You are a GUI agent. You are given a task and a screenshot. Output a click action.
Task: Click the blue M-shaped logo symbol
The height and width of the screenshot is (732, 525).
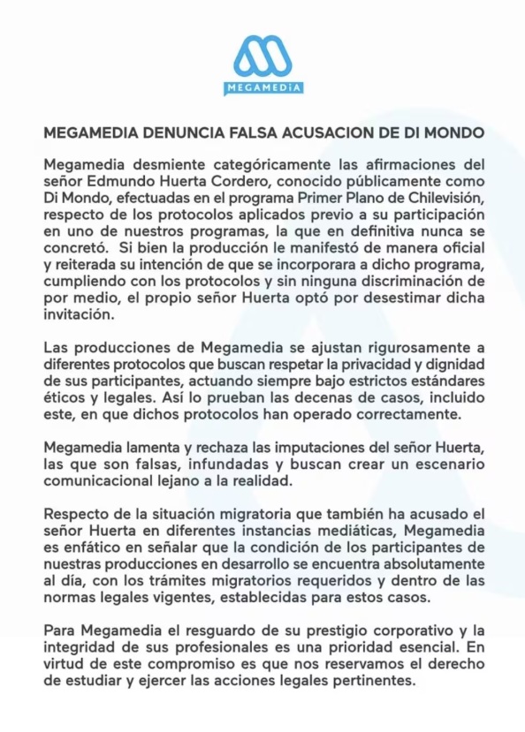tap(262, 56)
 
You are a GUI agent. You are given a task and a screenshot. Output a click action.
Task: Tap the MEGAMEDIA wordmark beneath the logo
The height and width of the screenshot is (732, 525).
tap(262, 87)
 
